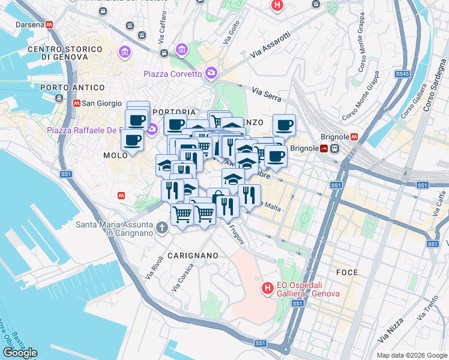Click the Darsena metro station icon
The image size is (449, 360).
tap(49, 25)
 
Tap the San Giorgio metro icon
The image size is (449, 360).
tap(76, 103)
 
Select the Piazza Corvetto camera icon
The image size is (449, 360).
tap(211, 74)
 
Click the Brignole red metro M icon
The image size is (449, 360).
tap(354, 136)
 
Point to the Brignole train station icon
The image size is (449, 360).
tap(334, 148)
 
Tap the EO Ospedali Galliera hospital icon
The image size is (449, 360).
tap(267, 289)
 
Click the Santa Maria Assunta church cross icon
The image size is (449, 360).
tap(161, 227)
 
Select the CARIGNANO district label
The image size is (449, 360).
tap(193, 256)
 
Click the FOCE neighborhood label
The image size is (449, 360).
tap(347, 272)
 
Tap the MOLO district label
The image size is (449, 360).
tap(115, 155)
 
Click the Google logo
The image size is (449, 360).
tap(20, 353)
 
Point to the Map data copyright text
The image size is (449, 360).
tap(411, 355)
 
